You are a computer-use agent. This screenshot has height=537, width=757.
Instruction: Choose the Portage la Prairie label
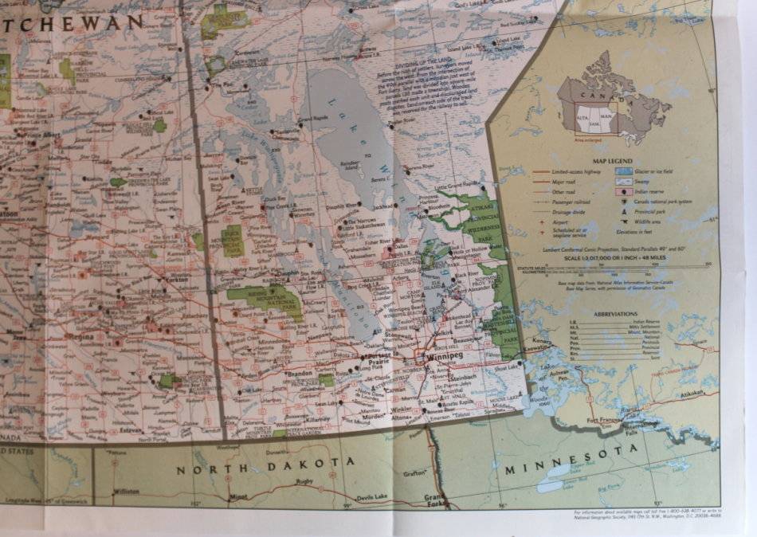[380, 359]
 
